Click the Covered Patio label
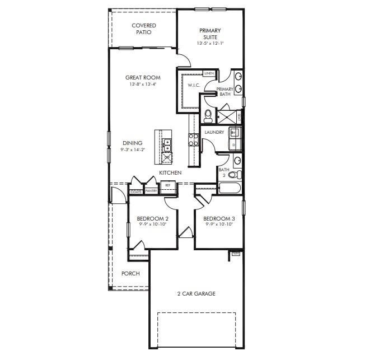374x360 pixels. (x=144, y=29)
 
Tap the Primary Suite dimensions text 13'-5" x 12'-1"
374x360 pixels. (x=210, y=43)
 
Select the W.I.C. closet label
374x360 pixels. (x=194, y=85)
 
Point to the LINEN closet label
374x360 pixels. (x=209, y=73)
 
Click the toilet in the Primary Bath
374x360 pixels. (x=208, y=116)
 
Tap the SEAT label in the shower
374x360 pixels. (x=240, y=116)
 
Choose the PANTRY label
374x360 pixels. (x=151, y=191)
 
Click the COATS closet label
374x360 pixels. (x=135, y=191)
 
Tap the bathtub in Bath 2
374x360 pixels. (x=230, y=187)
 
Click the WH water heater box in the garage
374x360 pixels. (x=236, y=254)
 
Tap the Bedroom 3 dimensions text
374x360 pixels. (x=218, y=224)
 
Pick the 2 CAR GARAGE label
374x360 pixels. (x=196, y=293)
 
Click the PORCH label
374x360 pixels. (x=130, y=274)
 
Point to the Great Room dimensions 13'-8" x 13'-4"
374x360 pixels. (x=143, y=85)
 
